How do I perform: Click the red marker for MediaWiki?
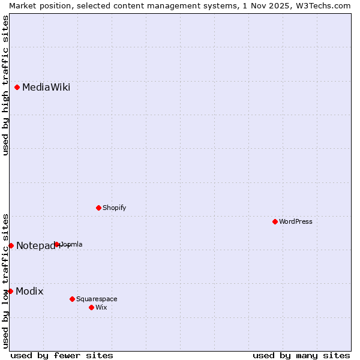point(17,87)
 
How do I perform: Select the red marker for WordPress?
point(275,221)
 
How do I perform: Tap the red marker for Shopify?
point(99,208)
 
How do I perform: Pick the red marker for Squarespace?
point(73,299)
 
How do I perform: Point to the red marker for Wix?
point(92,307)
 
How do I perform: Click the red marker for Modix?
point(10,291)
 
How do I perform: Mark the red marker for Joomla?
point(57,244)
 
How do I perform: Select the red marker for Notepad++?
point(11,245)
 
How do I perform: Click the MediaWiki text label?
point(46,88)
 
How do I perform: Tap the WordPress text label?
point(296,221)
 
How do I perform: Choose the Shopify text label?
point(114,208)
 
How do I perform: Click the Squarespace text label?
point(97,299)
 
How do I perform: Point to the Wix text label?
point(101,307)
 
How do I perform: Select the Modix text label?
point(29,292)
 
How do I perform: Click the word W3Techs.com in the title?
point(322,5)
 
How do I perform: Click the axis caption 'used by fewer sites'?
point(62,355)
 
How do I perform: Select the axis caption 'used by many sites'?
point(301,355)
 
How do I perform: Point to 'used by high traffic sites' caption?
point(5,85)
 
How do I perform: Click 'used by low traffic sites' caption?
point(5,280)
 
